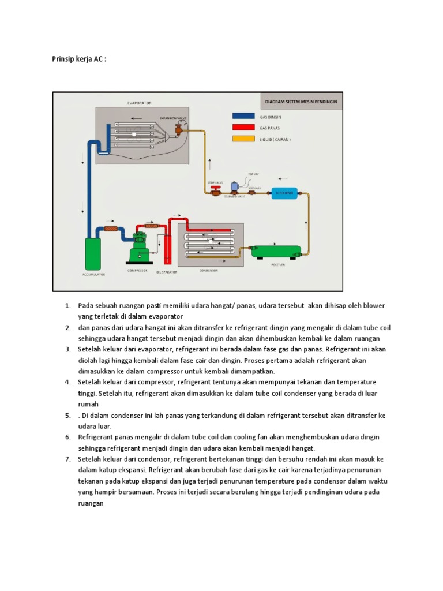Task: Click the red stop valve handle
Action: [215, 189]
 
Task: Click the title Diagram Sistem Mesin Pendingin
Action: [301, 101]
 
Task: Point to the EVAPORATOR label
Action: [139, 103]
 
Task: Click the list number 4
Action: [67, 382]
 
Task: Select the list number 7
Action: [67, 459]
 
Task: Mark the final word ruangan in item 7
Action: [91, 503]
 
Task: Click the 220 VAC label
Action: [254, 173]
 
